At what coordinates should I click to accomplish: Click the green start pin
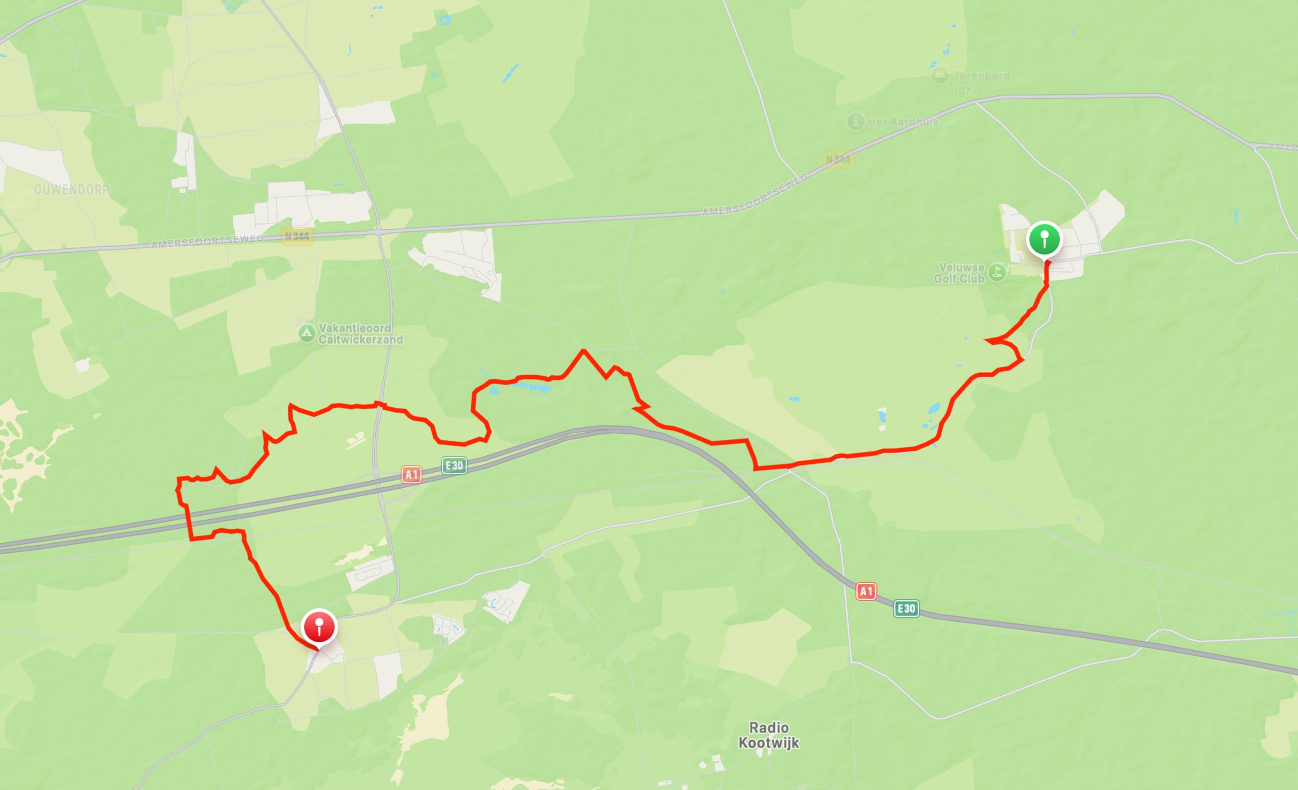(1044, 239)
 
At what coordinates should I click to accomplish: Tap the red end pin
(319, 627)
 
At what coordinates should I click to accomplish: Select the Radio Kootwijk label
(769, 735)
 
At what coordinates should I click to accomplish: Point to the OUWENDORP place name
(72, 190)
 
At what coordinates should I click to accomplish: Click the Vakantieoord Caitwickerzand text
(361, 333)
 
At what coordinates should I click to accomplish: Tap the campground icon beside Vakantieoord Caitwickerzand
(306, 333)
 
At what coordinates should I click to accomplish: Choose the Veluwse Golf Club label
(959, 273)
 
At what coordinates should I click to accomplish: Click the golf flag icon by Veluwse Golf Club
(997, 273)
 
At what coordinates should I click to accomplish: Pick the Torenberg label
(981, 76)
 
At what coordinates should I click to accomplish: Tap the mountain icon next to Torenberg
(940, 75)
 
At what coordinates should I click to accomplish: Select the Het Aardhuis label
(902, 122)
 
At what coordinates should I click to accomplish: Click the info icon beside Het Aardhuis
(856, 121)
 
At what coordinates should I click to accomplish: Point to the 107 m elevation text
(968, 90)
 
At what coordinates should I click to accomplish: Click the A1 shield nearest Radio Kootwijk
(866, 591)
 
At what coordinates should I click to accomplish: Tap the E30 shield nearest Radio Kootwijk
(906, 608)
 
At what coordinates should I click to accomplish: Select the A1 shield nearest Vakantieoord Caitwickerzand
(411, 475)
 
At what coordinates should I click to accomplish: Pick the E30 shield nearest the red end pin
(454, 466)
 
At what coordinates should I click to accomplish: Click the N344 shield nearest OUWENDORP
(297, 236)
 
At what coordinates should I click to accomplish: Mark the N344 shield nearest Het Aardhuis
(837, 160)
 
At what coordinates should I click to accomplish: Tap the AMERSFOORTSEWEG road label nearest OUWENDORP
(207, 241)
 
